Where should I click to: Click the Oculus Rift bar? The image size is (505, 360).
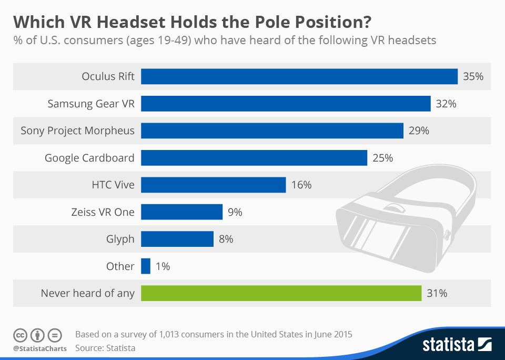[x=299, y=76]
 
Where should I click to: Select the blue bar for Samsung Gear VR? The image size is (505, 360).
[x=286, y=104]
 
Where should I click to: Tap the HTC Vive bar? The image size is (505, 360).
[x=214, y=185]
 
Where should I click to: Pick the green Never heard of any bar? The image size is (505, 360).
[x=281, y=293]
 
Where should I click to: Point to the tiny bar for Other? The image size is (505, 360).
[x=146, y=266]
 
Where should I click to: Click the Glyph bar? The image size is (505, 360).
[x=177, y=239]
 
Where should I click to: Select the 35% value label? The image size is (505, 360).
[x=473, y=76]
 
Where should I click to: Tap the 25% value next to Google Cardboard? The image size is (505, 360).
[x=382, y=158]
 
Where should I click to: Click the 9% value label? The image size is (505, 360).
[x=235, y=212]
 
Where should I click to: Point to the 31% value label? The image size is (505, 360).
[x=437, y=293]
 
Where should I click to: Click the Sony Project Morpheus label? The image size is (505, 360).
[x=77, y=131]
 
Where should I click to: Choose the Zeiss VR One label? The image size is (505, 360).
[x=103, y=212]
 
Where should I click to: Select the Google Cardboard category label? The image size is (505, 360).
[x=89, y=158]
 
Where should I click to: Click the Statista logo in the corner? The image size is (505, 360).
[x=457, y=345]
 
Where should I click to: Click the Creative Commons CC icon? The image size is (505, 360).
[x=20, y=335]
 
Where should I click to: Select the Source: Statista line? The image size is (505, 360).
[x=105, y=348]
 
